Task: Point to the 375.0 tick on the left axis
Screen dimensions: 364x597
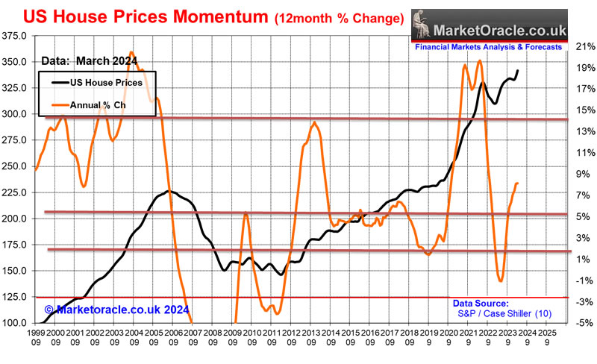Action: click(x=16, y=36)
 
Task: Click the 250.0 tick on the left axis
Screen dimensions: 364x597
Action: click(x=16, y=166)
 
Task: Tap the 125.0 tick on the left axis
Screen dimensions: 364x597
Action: click(x=16, y=297)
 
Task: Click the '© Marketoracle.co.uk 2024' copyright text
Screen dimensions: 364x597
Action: click(x=116, y=309)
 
